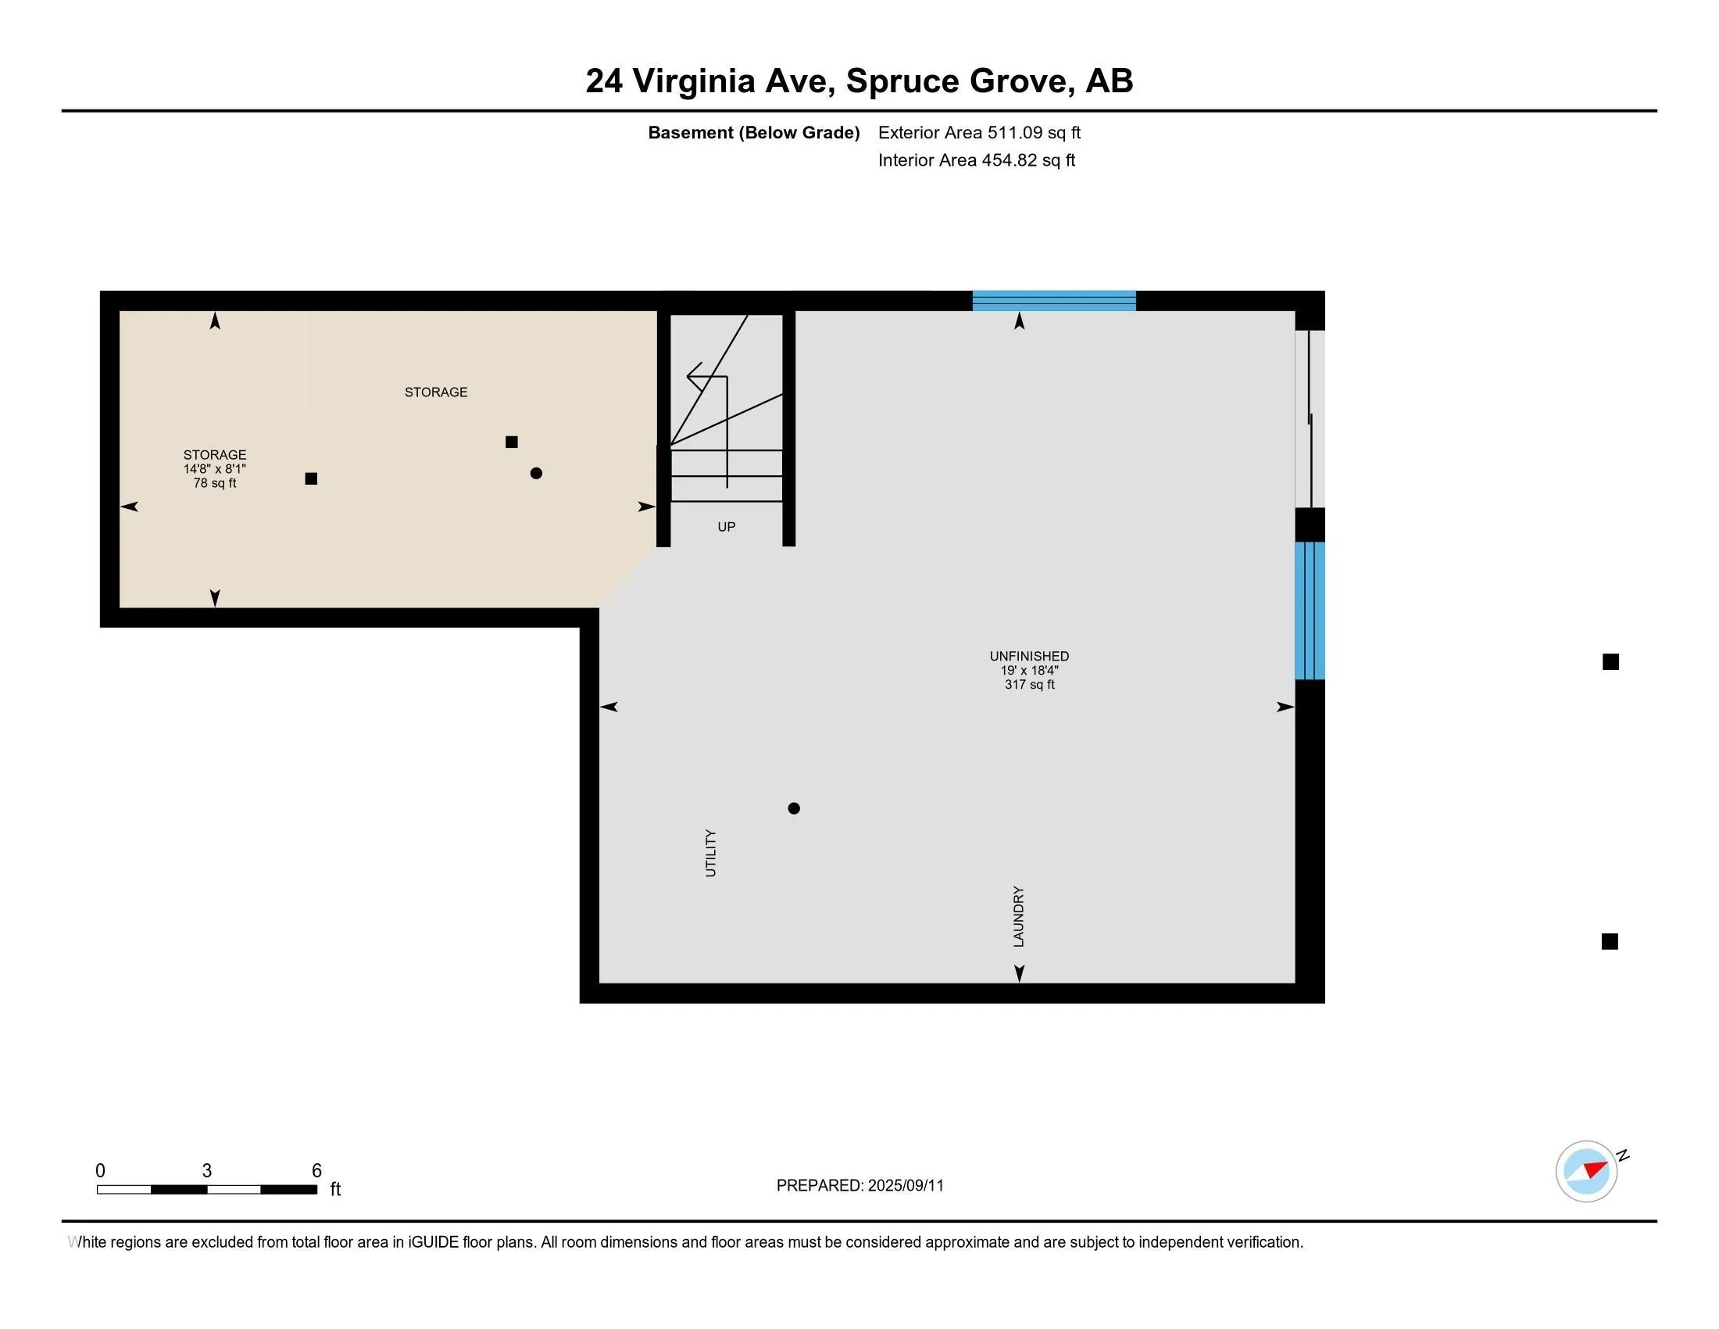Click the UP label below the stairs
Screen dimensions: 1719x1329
click(727, 527)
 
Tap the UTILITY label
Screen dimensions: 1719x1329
click(711, 853)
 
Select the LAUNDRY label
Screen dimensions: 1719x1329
click(1018, 916)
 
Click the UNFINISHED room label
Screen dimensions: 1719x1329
click(1030, 656)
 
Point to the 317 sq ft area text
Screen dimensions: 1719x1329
click(1030, 684)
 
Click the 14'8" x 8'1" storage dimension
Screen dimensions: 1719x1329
click(215, 468)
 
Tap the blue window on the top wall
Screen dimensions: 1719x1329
click(1054, 301)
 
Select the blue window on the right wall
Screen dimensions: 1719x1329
click(1310, 611)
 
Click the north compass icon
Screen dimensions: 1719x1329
click(1587, 1171)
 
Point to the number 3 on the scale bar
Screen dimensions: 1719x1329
click(207, 1171)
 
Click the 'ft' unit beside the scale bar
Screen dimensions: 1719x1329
click(335, 1189)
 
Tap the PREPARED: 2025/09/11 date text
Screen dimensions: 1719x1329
click(860, 1186)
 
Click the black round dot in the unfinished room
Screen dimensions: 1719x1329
click(794, 808)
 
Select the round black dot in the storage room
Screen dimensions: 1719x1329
click(536, 473)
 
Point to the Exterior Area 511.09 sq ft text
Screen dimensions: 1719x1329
click(979, 132)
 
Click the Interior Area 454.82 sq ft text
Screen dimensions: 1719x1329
click(977, 159)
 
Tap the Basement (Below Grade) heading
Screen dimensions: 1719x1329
click(754, 132)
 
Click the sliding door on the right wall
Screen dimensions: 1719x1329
click(1310, 419)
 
